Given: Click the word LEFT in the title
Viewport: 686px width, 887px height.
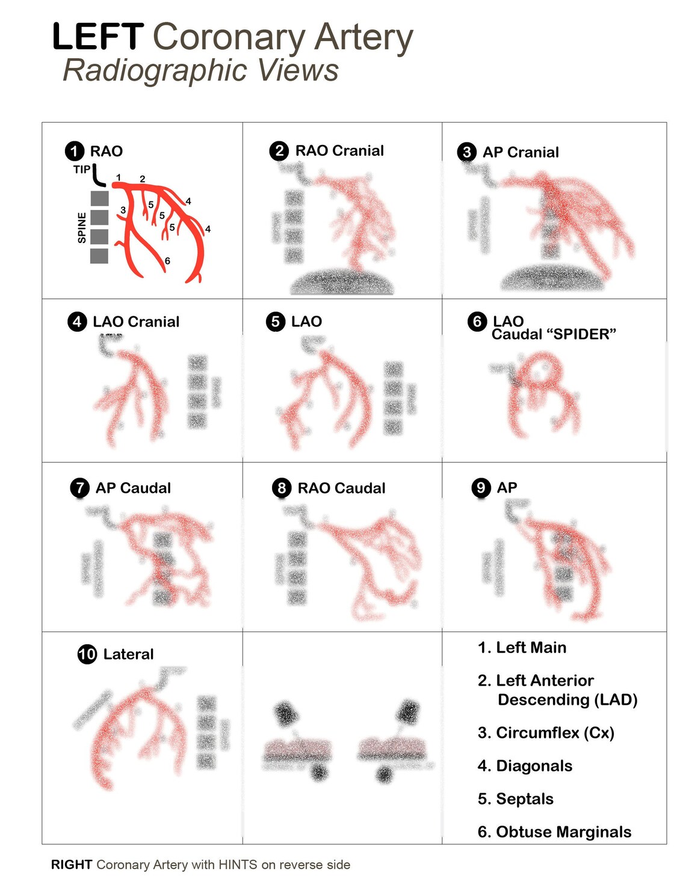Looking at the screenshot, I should pyautogui.click(x=97, y=37).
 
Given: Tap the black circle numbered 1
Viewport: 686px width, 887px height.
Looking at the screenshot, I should pyautogui.click(x=75, y=151).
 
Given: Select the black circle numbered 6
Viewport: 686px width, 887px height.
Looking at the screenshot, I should pyautogui.click(x=477, y=322).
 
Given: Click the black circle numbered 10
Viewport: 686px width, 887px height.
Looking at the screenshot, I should pyautogui.click(x=87, y=654).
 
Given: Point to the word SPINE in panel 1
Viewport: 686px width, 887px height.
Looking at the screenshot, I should pyautogui.click(x=82, y=228).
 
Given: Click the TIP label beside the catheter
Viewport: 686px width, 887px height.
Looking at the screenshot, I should pyautogui.click(x=81, y=170).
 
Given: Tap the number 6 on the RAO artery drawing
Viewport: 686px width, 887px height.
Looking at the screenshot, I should pyautogui.click(x=167, y=261).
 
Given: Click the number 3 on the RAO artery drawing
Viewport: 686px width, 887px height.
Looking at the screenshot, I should pyautogui.click(x=123, y=210).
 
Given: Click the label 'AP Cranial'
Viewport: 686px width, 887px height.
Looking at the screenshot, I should pyautogui.click(x=521, y=152).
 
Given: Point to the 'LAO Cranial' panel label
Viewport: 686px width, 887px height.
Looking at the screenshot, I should pyautogui.click(x=136, y=322).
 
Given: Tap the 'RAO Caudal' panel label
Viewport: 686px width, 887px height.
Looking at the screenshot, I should pyautogui.click(x=341, y=488).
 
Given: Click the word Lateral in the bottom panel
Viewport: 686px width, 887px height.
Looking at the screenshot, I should pyautogui.click(x=128, y=654).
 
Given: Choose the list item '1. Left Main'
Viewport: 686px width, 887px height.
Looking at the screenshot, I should pyautogui.click(x=522, y=648).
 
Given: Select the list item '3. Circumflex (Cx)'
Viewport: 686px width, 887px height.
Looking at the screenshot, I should pyautogui.click(x=546, y=733).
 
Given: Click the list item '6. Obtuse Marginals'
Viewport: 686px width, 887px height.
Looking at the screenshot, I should pyautogui.click(x=554, y=832).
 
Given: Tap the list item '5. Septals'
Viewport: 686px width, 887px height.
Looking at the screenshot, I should pyautogui.click(x=515, y=799).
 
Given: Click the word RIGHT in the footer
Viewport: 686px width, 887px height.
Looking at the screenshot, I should pyautogui.click(x=71, y=865).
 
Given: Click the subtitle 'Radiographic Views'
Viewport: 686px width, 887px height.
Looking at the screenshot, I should pyautogui.click(x=201, y=70).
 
